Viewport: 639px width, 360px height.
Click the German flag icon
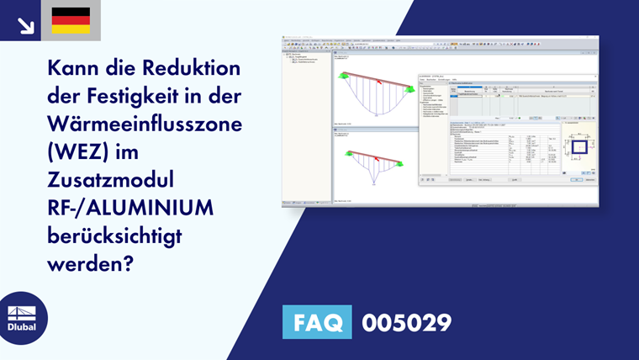tap(71, 20)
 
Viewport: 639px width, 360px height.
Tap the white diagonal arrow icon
tap(25, 24)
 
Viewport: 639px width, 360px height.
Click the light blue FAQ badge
tap(316, 323)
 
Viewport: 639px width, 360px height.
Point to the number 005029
tap(406, 323)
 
